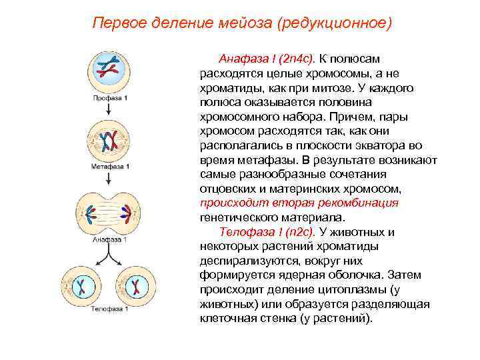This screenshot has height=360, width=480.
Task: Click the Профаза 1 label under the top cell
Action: (x=111, y=98)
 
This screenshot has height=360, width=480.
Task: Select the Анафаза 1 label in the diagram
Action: (x=111, y=239)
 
